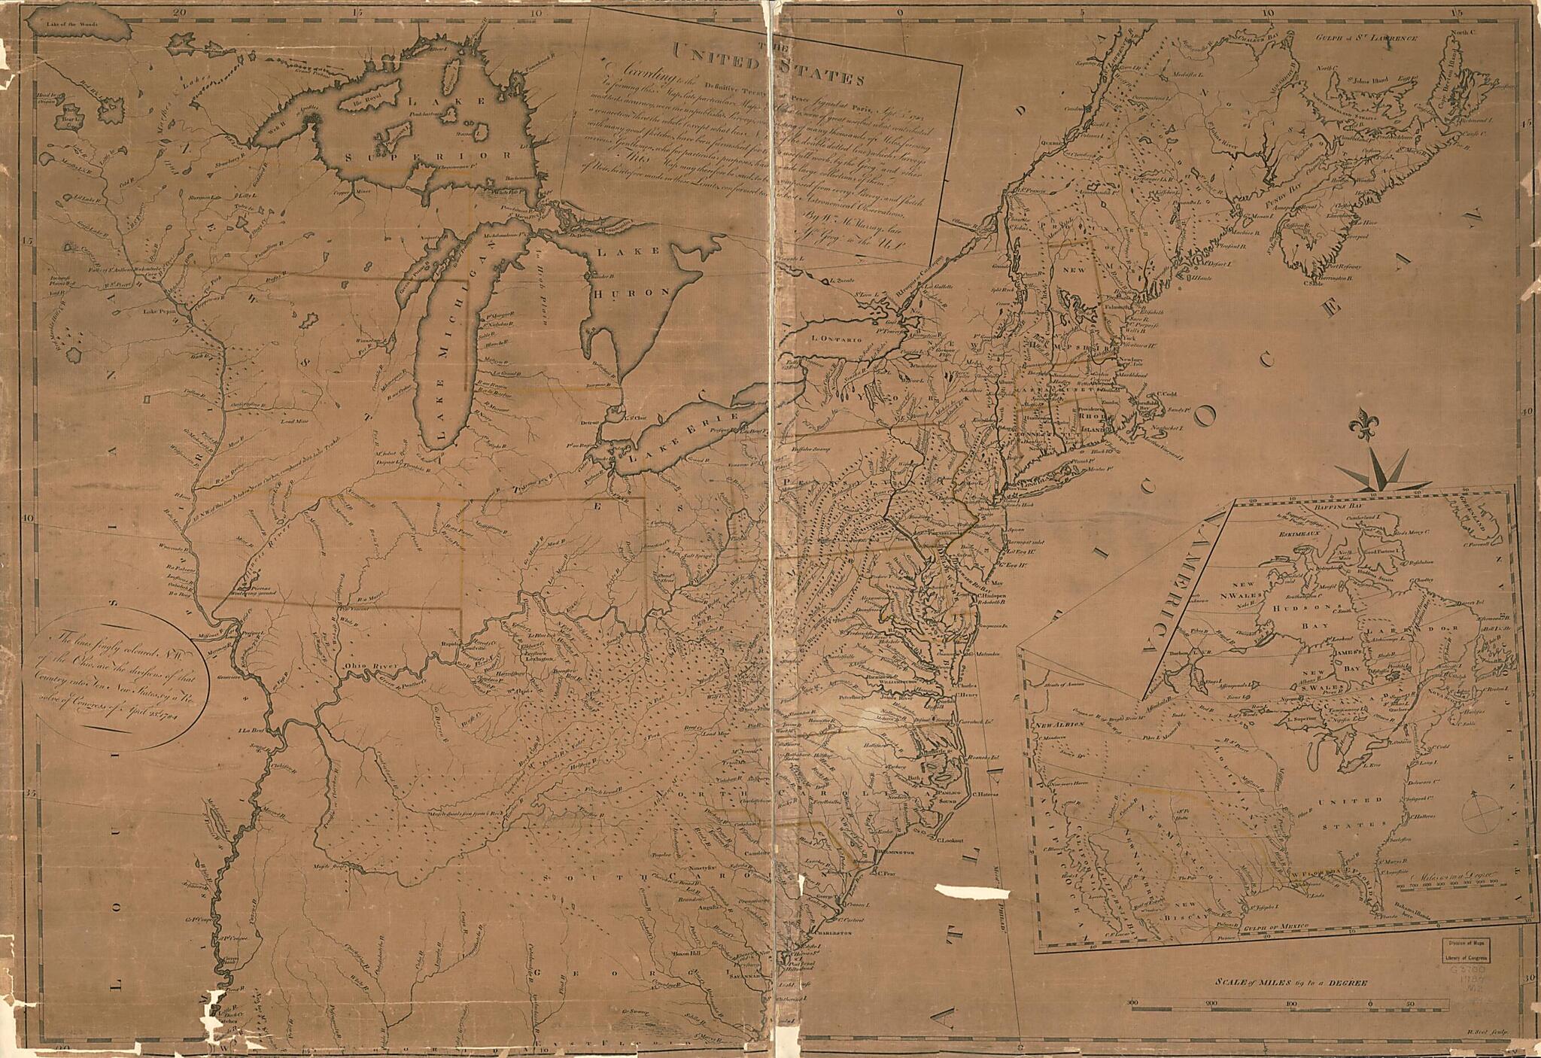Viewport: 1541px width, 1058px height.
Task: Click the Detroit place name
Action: [x=591, y=423]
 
